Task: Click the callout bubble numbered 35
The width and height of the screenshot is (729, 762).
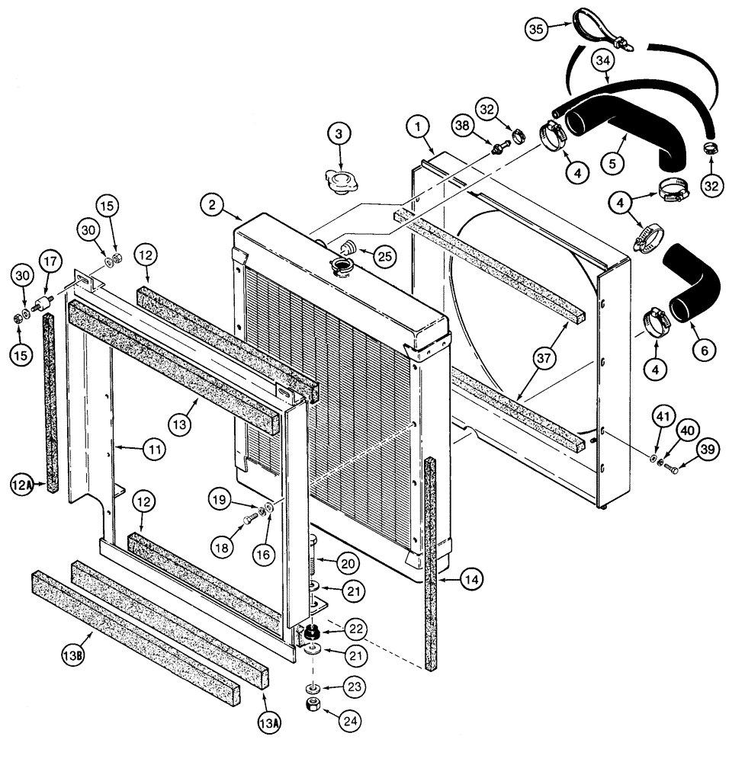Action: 538,29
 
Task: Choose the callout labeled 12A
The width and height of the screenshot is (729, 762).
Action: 21,482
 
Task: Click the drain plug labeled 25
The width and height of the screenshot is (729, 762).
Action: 350,248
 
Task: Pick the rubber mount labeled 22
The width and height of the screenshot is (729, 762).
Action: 311,633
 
